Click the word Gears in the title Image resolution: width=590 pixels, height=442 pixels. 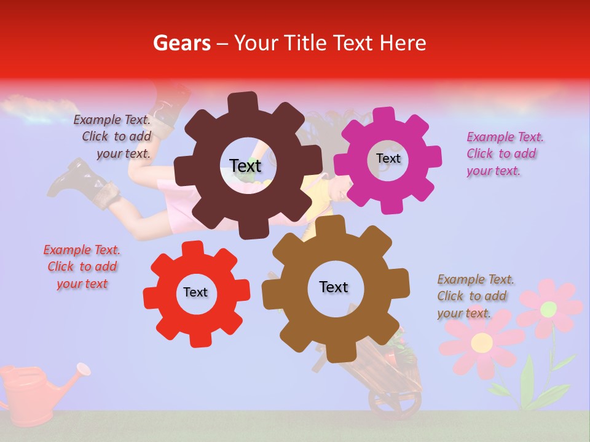point(181,43)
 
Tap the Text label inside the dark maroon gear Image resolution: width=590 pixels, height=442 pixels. point(245,166)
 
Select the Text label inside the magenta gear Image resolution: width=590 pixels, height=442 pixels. point(388,158)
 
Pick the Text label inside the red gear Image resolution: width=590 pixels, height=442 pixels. point(195,292)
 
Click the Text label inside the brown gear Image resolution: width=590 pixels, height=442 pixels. point(334,287)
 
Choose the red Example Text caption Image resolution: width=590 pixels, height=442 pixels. point(82,266)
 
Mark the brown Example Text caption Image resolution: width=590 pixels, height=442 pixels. point(474,296)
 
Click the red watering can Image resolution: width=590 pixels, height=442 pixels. point(28,393)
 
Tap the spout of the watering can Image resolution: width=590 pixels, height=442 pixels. point(82,370)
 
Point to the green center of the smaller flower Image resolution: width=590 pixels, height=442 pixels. point(548,308)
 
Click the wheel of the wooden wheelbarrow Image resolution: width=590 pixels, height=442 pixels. point(394,401)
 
